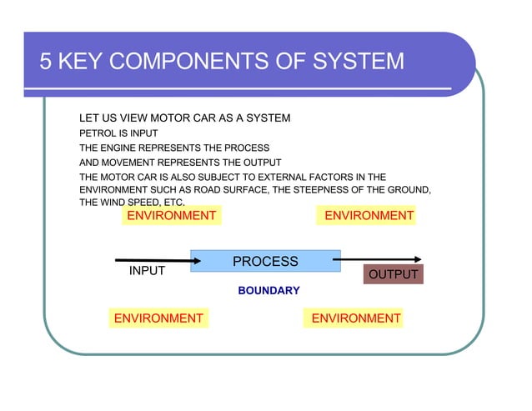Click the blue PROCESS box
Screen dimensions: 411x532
(265, 261)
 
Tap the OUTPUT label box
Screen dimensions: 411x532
(393, 275)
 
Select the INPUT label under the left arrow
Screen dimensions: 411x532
(147, 271)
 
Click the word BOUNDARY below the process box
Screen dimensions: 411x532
(269, 291)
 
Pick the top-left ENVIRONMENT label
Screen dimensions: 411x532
(171, 216)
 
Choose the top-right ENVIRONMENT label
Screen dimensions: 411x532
(369, 216)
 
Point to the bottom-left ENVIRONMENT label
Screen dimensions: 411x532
(158, 318)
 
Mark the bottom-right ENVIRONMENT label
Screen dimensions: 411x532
(355, 318)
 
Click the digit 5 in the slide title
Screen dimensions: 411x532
(47, 63)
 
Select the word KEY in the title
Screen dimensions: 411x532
(83, 63)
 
